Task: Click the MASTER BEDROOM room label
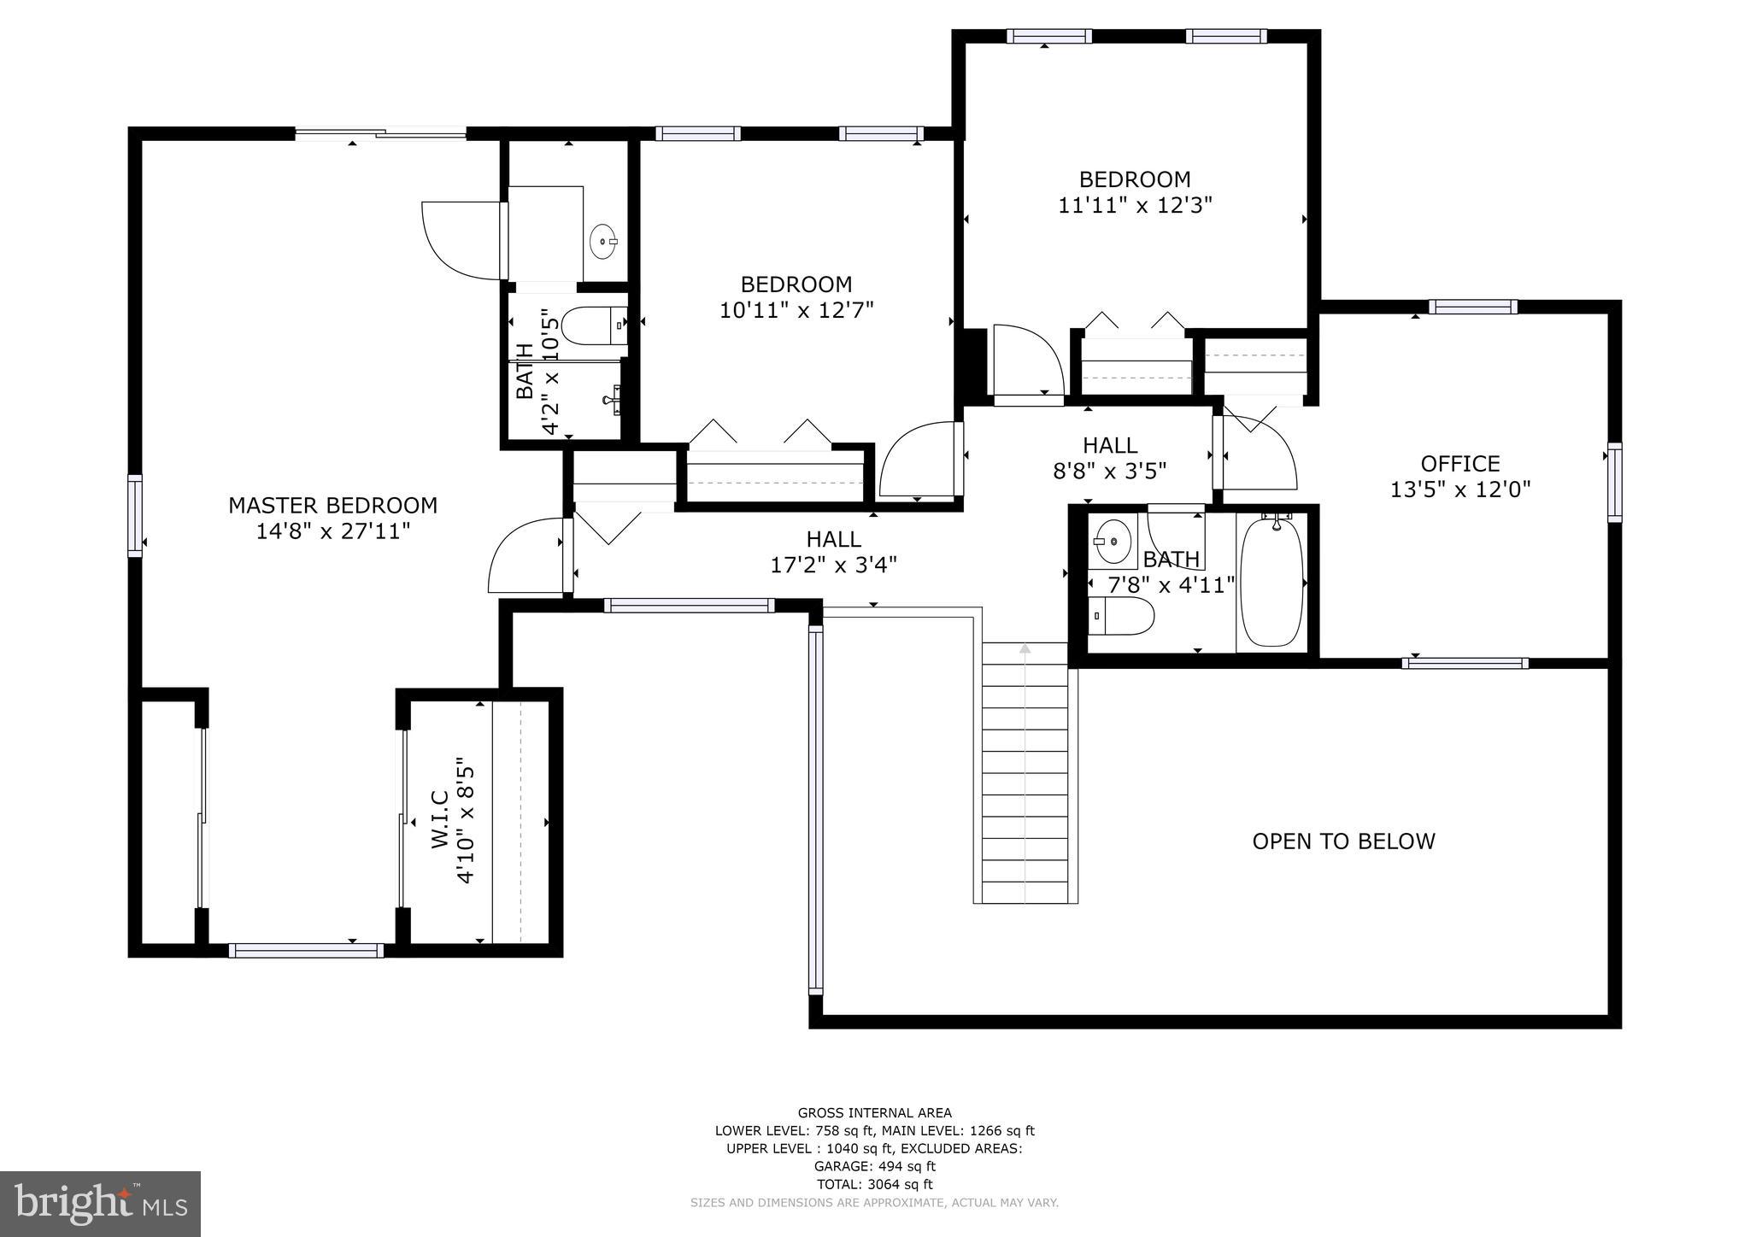pyautogui.click(x=332, y=506)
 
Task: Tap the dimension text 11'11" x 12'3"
pyautogui.click(x=1136, y=206)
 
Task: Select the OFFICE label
pyautogui.click(x=1460, y=464)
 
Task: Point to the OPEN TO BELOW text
pyautogui.click(x=1343, y=841)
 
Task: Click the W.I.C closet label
pyautogui.click(x=440, y=819)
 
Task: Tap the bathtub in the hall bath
pyautogui.click(x=1272, y=581)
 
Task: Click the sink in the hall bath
pyautogui.click(x=1113, y=541)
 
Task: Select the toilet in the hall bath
pyautogui.click(x=1122, y=616)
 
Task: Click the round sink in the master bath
pyautogui.click(x=604, y=241)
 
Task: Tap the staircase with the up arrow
pyautogui.click(x=1025, y=773)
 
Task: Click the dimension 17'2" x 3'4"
pyautogui.click(x=834, y=565)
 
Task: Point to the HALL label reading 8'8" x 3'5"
pyautogui.click(x=1110, y=445)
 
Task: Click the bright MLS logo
pyautogui.click(x=101, y=1204)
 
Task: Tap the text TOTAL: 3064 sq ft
pyautogui.click(x=874, y=1184)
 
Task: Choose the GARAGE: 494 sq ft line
pyautogui.click(x=874, y=1166)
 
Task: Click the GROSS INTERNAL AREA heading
pyautogui.click(x=874, y=1112)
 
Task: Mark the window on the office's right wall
pyautogui.click(x=1614, y=483)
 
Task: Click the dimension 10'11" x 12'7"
pyautogui.click(x=796, y=310)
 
